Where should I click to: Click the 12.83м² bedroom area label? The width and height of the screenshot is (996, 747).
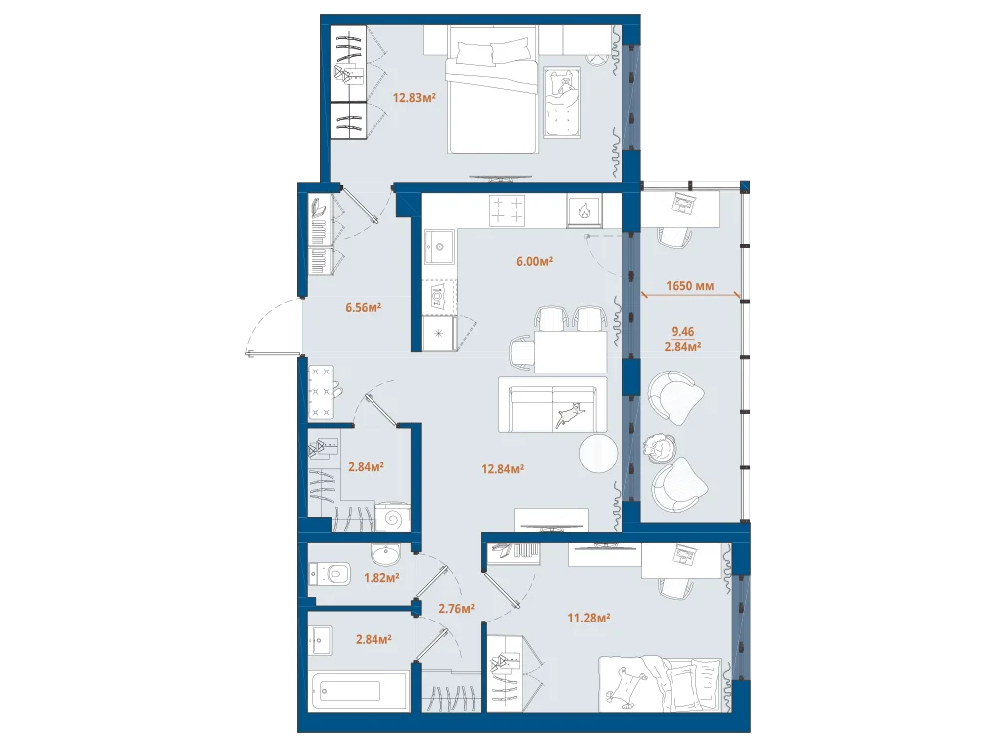coord(414,98)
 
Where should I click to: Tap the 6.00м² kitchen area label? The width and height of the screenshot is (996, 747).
coord(534,260)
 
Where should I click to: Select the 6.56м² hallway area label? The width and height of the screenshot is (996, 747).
coord(363,308)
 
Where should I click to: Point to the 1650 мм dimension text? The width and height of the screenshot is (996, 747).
coord(690,286)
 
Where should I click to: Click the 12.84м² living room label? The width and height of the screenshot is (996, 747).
coord(502,469)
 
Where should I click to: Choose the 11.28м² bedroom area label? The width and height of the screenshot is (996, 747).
coord(589,617)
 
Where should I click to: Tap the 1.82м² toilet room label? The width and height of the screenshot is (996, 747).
coord(381,578)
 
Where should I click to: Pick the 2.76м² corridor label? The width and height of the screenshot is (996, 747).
coord(457,608)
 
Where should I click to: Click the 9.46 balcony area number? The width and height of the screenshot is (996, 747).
coord(683,331)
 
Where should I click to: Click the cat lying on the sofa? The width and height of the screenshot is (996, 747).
coord(571,414)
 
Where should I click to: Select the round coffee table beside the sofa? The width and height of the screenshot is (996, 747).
coord(598,453)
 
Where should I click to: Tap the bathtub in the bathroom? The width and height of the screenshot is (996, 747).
coord(359,692)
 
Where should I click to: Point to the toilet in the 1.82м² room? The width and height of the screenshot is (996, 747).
coord(331,575)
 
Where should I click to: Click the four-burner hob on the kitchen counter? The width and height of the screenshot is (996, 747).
coord(507,210)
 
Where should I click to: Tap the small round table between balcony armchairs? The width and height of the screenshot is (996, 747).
coord(659,447)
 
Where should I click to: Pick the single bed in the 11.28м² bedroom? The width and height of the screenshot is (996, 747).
coord(660,685)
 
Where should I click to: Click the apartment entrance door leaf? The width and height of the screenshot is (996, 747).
coord(273,352)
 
